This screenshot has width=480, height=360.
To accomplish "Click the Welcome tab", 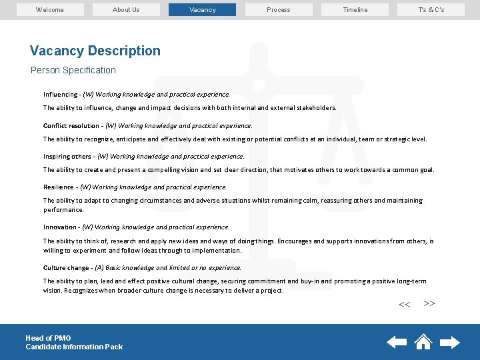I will click(50, 9).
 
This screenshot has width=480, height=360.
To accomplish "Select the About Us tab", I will click(126, 9).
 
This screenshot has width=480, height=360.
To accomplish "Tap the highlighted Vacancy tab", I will click(202, 9).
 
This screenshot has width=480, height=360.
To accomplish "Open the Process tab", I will click(279, 9).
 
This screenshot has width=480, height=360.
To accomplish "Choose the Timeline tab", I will click(355, 9).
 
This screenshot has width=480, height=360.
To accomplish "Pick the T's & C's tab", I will click(431, 9).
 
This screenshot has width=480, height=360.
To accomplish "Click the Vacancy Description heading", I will click(95, 51).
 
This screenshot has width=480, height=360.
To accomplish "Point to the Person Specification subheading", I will click(73, 70).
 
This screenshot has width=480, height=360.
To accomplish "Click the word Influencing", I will click(60, 95).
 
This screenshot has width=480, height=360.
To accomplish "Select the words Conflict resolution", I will click(71, 125).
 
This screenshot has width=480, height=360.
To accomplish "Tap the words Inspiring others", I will click(67, 157).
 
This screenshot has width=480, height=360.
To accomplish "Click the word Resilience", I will click(59, 187).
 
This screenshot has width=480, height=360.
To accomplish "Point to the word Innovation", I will click(59, 227).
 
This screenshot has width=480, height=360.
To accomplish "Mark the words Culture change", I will click(66, 267).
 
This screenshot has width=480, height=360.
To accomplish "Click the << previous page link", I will click(404, 305).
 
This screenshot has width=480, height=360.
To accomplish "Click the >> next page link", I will click(429, 303).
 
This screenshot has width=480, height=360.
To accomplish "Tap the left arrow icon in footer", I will click(397, 343).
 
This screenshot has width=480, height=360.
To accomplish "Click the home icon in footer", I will click(423, 341).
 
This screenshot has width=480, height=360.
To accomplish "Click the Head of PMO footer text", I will click(48, 338).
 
